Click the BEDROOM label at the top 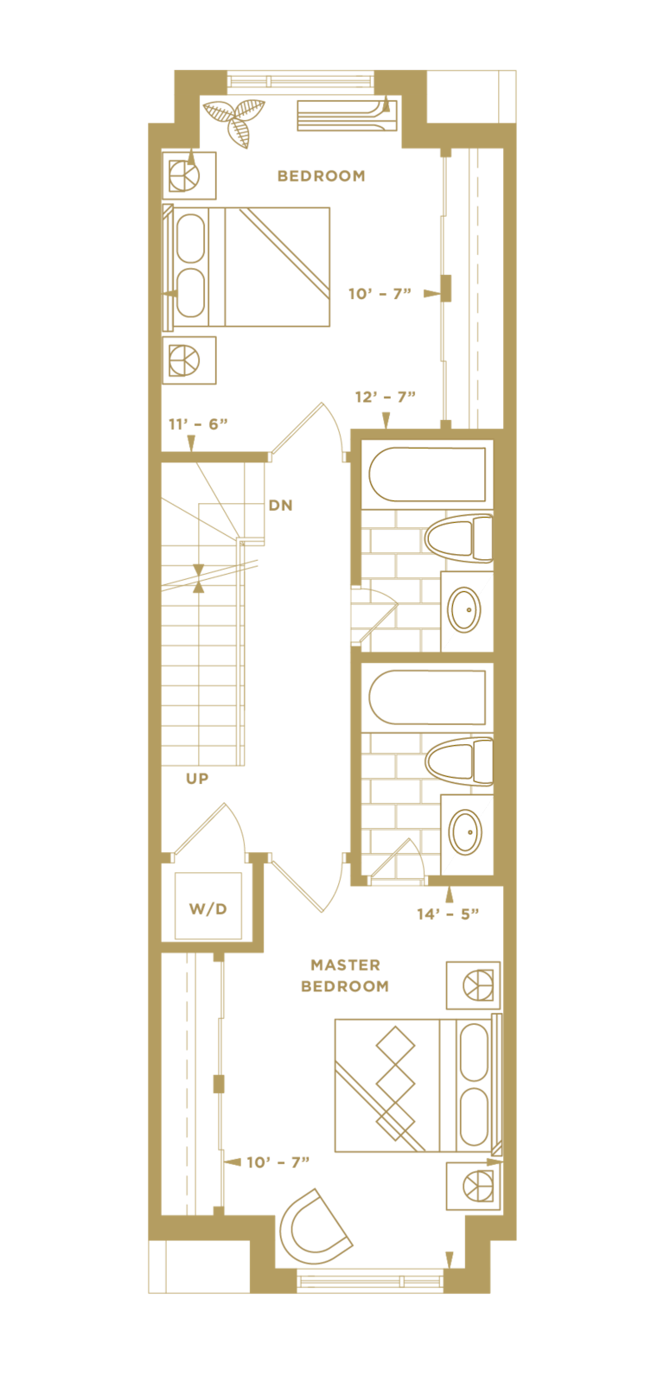point(321,176)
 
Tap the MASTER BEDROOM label point(345,976)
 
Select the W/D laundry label point(207,909)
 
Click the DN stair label point(280,506)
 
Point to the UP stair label point(197,779)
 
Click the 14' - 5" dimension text point(448,914)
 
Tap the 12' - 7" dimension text point(385,397)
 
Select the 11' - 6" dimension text point(198,424)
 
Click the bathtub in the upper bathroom point(427,474)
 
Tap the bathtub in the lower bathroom point(427,697)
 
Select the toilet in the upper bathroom point(459,538)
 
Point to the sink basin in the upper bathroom point(464,609)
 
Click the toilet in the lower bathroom point(459,761)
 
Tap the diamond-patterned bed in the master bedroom point(418,1086)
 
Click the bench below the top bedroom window point(347,115)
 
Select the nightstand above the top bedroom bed point(189,175)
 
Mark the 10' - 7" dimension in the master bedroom point(278,1162)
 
